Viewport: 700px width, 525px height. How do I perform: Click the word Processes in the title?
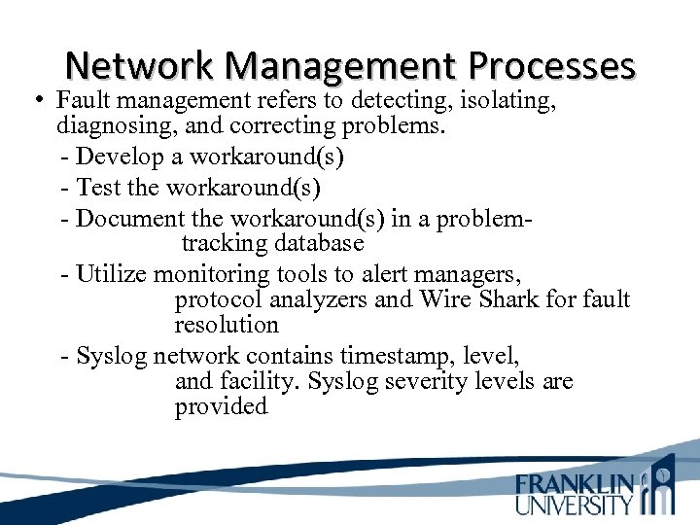tap(551, 65)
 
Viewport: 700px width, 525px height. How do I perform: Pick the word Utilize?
tap(111, 275)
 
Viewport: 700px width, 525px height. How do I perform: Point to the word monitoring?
tap(212, 275)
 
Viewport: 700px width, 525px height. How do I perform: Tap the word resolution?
tap(227, 325)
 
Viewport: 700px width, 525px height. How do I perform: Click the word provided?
tap(221, 406)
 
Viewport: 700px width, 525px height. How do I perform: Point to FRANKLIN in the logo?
tap(575, 484)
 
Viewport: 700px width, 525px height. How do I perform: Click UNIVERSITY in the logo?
tap(575, 505)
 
